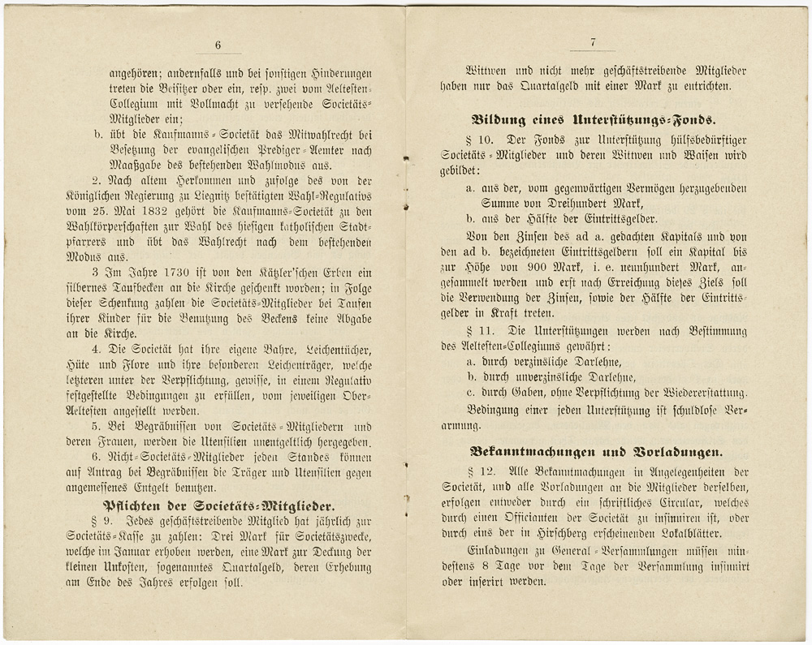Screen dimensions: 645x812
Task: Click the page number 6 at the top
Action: tap(218, 45)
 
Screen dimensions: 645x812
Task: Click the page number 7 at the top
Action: tap(594, 42)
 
